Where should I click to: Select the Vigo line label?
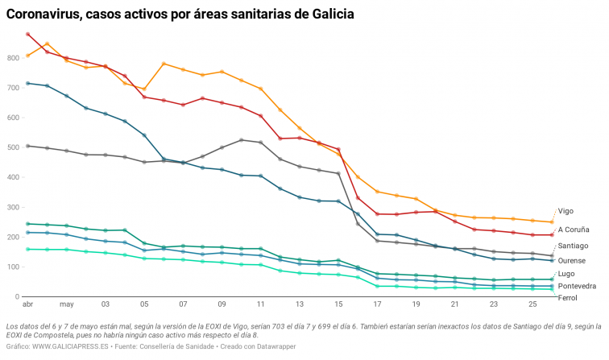point(565,211)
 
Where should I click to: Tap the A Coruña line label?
point(573,229)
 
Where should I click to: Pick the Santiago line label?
point(573,245)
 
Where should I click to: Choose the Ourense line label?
point(572,260)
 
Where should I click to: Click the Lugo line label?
point(565,274)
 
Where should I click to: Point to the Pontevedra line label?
point(578,286)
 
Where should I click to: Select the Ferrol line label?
point(567,299)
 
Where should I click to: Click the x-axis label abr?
point(27,305)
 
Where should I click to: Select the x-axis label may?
point(66,305)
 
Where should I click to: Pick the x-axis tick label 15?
point(338,305)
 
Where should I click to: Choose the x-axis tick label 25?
point(532,305)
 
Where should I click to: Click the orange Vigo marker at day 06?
point(164,64)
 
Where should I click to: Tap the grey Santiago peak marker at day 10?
point(242,140)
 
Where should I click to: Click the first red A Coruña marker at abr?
point(28,34)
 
